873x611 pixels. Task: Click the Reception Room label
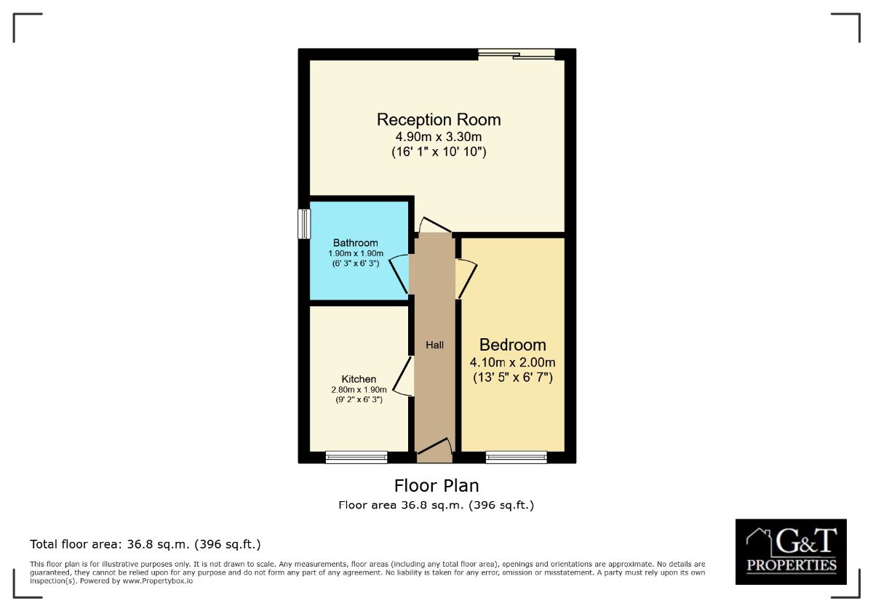(x=439, y=119)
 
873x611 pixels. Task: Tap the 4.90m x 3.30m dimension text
(x=439, y=137)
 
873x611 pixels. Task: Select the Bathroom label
(x=356, y=243)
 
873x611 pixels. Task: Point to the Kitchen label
(x=359, y=379)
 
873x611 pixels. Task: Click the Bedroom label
(x=512, y=345)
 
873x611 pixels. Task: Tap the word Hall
(x=434, y=345)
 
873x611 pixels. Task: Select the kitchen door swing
(x=402, y=376)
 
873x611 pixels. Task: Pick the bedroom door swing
(x=466, y=279)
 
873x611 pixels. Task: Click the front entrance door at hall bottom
(x=435, y=450)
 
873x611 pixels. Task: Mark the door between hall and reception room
(x=435, y=225)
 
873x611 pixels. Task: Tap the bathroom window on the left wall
(x=304, y=224)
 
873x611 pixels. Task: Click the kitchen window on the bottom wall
(x=356, y=457)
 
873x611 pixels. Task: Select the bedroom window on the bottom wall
(x=516, y=457)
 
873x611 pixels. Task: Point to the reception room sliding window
(x=517, y=54)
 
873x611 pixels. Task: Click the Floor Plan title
(x=436, y=485)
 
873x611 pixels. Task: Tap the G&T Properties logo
(x=791, y=551)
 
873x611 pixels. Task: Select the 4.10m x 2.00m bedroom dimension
(x=512, y=362)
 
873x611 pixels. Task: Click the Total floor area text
(x=145, y=544)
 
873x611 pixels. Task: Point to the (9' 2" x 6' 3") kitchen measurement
(x=359, y=399)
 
